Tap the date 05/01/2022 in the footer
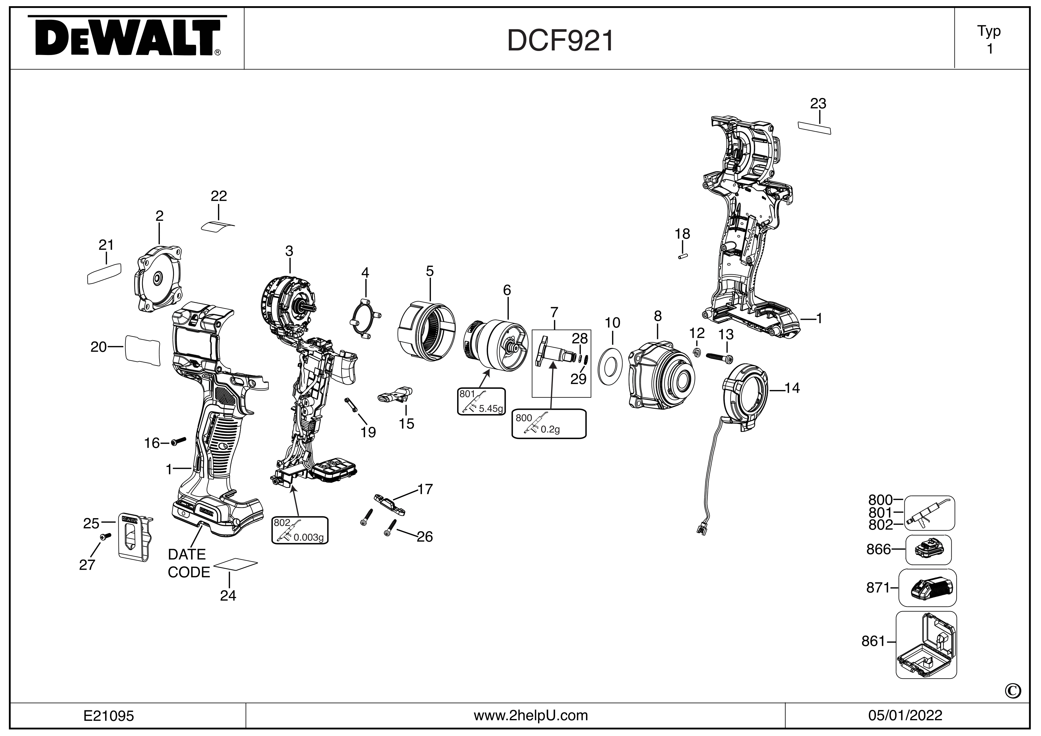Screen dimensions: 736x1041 [905, 716]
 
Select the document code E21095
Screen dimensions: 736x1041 [109, 716]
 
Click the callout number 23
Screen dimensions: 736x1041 [818, 104]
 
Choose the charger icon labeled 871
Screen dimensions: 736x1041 [927, 588]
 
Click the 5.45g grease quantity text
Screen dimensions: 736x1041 [491, 408]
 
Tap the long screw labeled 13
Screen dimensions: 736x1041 [720, 357]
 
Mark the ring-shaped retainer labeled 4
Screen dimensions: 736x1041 [365, 319]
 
